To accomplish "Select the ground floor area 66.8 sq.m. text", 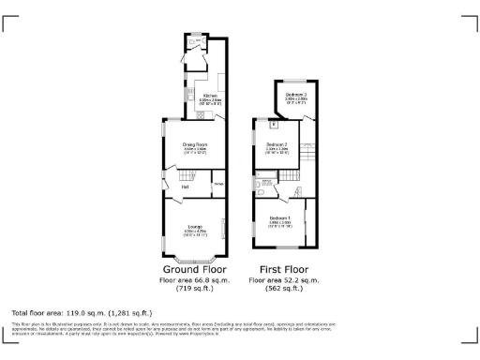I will pyautogui.click(x=194, y=279).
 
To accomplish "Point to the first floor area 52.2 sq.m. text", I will pyautogui.click(x=284, y=279).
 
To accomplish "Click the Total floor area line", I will pyautogui.click(x=82, y=312).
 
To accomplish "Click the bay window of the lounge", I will pyautogui.click(x=194, y=257).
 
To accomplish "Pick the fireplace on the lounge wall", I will pyautogui.click(x=224, y=228).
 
